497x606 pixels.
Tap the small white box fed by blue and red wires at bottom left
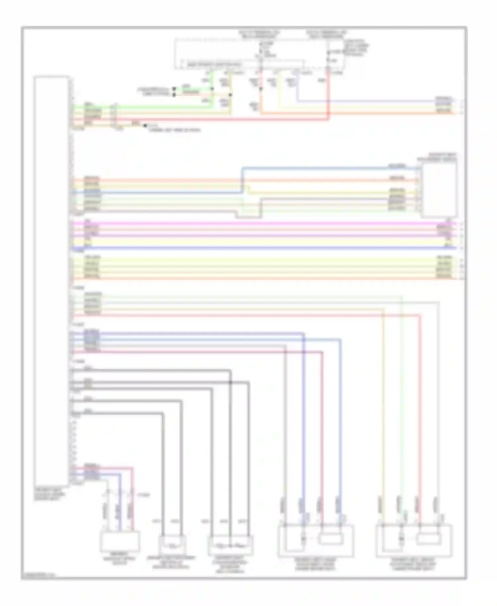[120, 541]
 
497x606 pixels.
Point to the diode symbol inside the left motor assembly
[303, 539]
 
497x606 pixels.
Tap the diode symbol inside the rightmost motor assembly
[401, 539]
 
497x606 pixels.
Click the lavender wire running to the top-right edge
[364, 100]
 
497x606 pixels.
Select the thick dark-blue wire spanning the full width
[265, 248]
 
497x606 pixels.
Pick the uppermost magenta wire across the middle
[265, 224]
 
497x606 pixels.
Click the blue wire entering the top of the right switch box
[331, 168]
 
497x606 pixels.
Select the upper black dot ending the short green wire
[174, 89]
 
